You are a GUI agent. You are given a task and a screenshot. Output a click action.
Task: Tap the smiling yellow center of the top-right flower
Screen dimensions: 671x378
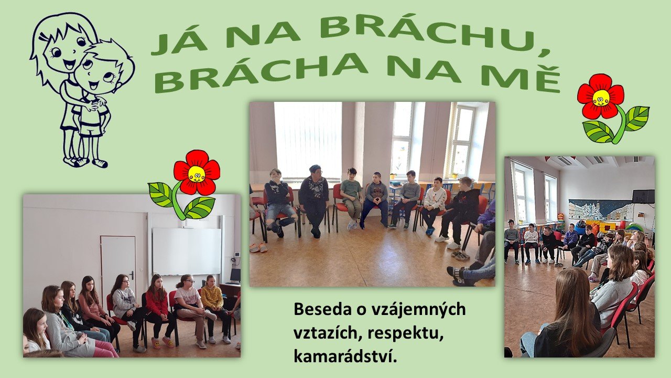click(x=601, y=98)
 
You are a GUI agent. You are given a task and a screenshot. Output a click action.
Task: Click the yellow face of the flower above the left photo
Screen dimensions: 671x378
click(x=196, y=174)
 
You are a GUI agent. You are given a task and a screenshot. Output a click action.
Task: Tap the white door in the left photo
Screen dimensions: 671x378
click(x=118, y=267)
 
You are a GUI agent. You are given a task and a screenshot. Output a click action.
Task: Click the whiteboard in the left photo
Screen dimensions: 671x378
click(x=187, y=251)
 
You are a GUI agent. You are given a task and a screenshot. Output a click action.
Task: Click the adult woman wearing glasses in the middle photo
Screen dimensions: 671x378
click(x=314, y=200)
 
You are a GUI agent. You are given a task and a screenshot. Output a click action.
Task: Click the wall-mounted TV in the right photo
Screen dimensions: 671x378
click(x=643, y=196)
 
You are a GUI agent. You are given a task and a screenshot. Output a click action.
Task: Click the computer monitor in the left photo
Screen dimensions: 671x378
click(x=235, y=276)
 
